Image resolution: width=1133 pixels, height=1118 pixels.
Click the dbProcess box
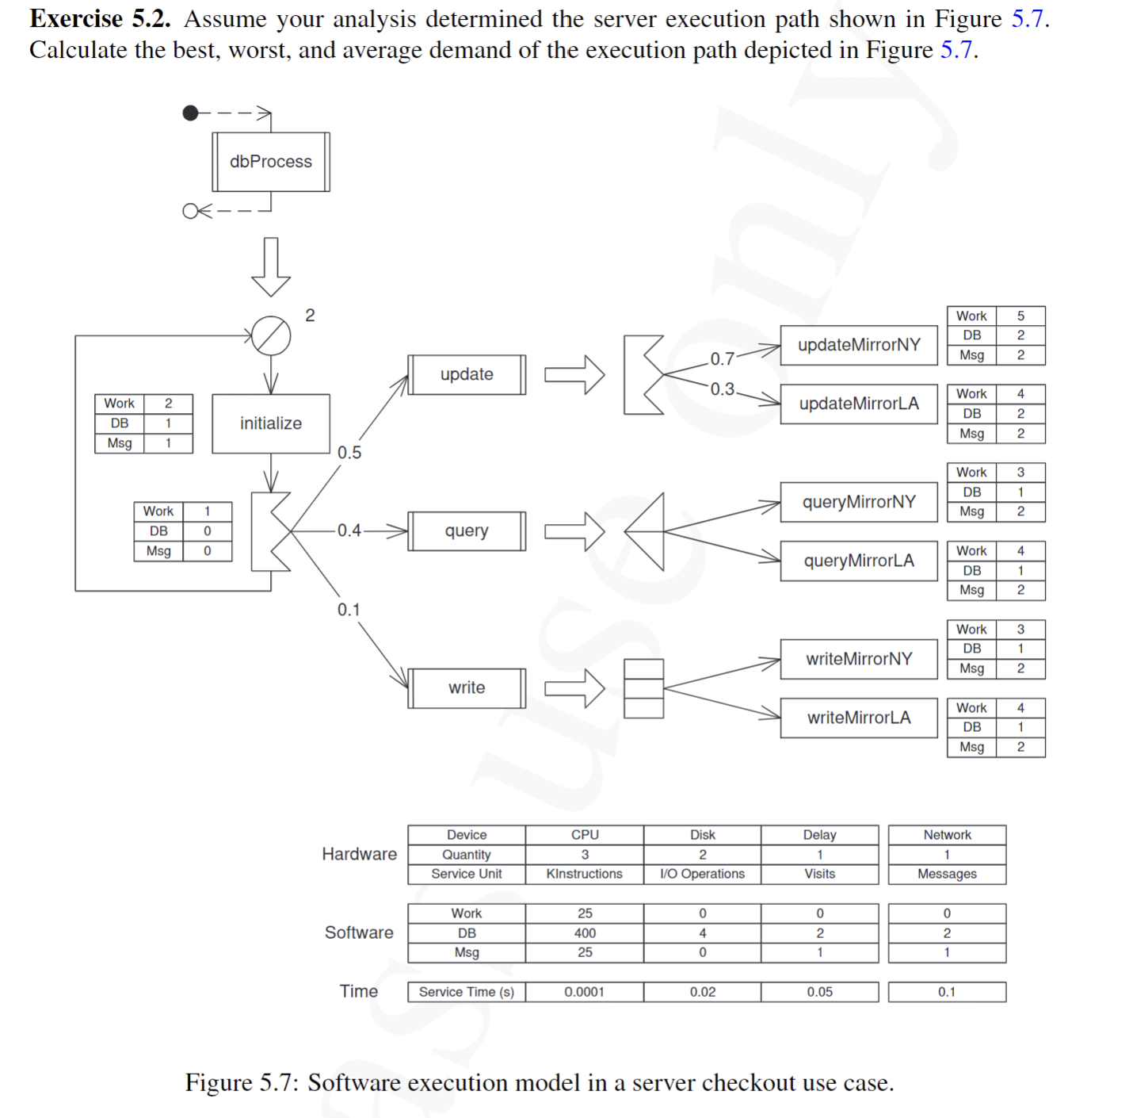270,162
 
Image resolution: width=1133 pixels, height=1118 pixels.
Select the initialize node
270,423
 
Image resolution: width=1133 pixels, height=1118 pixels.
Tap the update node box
467,374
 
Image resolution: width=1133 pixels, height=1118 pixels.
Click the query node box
467,531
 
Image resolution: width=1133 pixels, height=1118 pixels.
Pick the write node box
467,687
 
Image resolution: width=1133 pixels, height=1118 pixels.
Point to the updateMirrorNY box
859,345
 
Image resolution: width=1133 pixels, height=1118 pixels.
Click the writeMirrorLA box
859,718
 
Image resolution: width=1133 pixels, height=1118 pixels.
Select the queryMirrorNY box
859,502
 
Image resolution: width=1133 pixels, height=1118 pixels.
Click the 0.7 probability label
722,358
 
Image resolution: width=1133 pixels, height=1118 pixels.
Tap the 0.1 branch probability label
349,610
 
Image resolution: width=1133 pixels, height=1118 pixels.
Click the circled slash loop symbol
271,335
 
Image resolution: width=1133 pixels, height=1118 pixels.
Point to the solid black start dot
190,113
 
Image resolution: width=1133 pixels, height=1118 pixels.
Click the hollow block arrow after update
574,374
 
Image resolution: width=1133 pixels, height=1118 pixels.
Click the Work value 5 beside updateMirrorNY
1020,316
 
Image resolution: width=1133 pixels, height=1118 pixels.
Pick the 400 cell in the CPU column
585,933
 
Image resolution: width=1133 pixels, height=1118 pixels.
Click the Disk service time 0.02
702,992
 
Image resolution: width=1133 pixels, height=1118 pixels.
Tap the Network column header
947,835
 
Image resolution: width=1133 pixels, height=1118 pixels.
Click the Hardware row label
359,854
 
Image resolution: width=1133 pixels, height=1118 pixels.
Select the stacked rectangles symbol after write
643,688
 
